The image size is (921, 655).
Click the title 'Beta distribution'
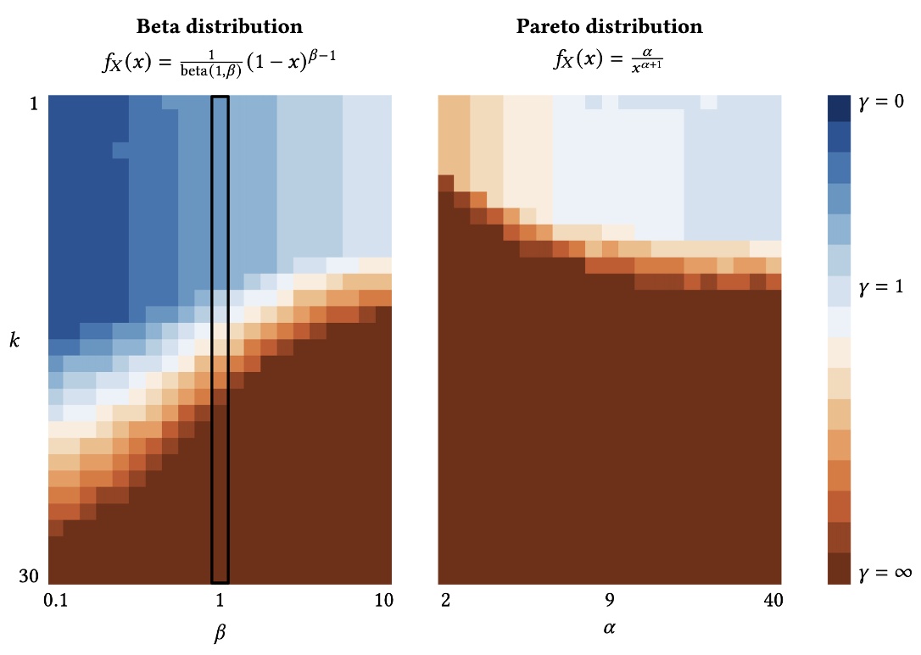click(x=220, y=26)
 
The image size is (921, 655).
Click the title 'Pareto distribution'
click(x=609, y=26)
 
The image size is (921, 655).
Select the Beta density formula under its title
click(x=220, y=61)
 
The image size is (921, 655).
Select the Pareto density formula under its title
click(x=609, y=61)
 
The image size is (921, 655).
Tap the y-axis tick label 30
click(x=30, y=576)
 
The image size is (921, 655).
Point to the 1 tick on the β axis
click(x=220, y=601)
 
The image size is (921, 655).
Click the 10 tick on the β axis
click(x=383, y=601)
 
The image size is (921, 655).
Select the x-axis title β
click(x=220, y=633)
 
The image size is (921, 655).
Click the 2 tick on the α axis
click(x=446, y=601)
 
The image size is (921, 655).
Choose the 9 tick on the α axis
click(x=609, y=601)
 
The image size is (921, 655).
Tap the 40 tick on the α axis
click(x=772, y=601)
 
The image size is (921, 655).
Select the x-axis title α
click(x=609, y=630)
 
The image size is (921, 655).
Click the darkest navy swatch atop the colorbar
click(x=839, y=108)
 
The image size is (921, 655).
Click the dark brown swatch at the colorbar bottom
click(x=839, y=569)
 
